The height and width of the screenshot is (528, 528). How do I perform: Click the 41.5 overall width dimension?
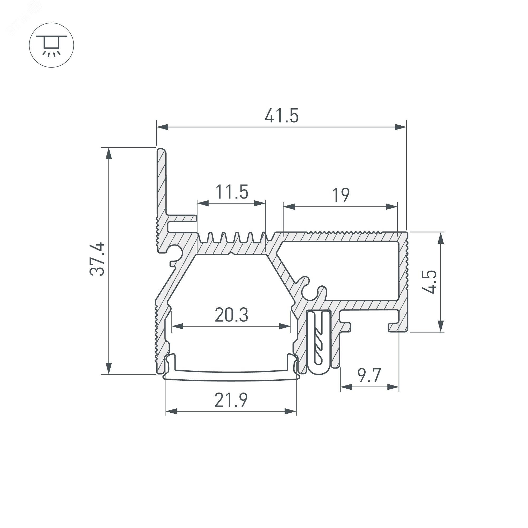(x=281, y=116)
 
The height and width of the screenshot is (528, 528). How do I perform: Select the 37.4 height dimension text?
(x=97, y=259)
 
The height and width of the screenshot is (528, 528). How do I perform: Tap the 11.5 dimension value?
(x=232, y=192)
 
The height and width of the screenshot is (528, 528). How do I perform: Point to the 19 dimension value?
(x=341, y=195)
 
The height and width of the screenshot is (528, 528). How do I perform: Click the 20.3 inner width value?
(x=232, y=315)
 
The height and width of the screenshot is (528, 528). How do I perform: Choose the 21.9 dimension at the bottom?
(x=231, y=400)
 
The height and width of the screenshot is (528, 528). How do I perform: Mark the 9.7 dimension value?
(x=369, y=376)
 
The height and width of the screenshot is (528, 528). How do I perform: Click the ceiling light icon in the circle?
(x=51, y=45)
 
